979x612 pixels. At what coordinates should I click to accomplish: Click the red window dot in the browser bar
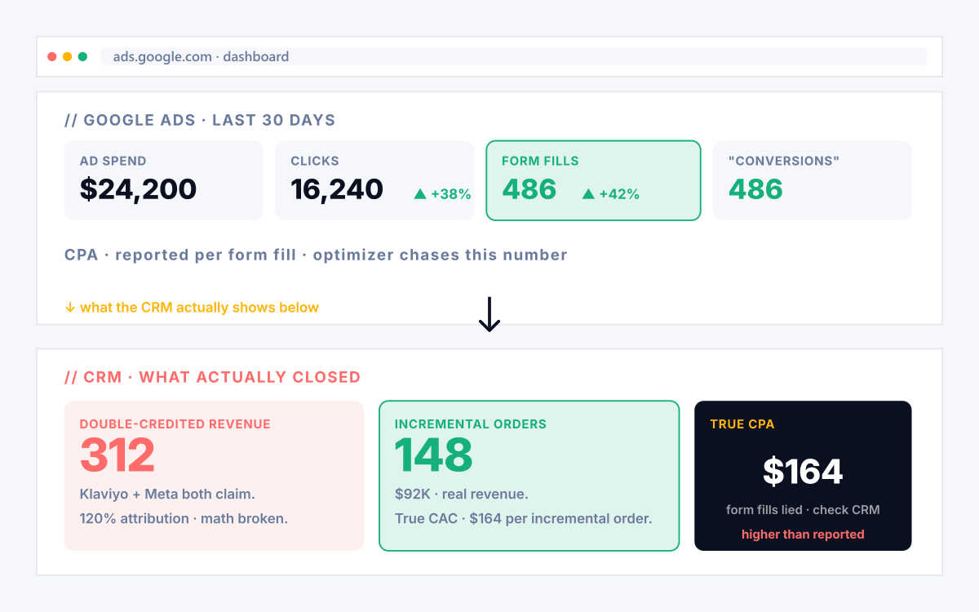tap(52, 57)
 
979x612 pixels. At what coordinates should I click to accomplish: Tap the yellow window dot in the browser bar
tap(67, 57)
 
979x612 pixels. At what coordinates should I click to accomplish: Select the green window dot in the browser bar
tap(82, 57)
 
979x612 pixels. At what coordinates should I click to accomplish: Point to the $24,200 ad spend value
tap(138, 189)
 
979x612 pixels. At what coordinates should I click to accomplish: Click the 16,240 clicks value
tap(337, 189)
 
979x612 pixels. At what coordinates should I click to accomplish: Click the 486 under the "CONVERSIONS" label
tap(755, 188)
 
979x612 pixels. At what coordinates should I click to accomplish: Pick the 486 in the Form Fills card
tap(529, 188)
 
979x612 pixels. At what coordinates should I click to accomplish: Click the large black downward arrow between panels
tap(489, 314)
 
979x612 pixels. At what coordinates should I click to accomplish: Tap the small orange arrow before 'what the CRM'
tap(70, 308)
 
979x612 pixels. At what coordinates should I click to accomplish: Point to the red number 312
tap(117, 455)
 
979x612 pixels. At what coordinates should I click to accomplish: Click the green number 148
tap(433, 455)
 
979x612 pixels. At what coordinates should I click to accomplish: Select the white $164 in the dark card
tap(803, 472)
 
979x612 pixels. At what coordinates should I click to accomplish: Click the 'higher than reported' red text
tap(803, 534)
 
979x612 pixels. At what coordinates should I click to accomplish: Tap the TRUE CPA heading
tap(742, 424)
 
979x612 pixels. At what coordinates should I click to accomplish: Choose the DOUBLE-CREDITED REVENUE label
tap(175, 424)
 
